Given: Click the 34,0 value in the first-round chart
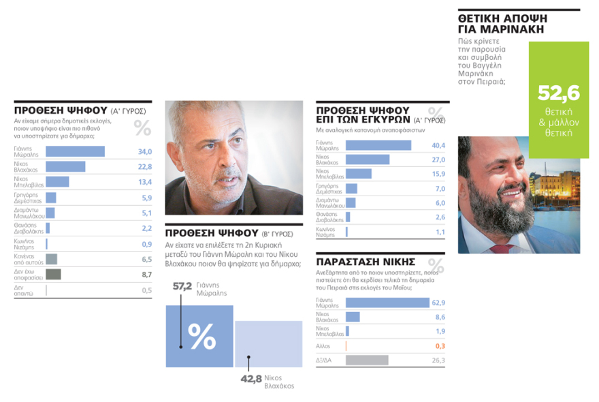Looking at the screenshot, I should pos(145,151).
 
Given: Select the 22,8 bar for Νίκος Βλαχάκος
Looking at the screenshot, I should pos(65,166).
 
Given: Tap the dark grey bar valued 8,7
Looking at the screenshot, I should pos(53,275).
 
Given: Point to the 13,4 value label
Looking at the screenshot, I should pos(145,182).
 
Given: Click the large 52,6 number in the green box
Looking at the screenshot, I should pos(557,93).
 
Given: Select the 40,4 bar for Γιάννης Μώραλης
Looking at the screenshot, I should pos(378,145).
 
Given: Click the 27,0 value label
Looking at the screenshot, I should pos(438,159).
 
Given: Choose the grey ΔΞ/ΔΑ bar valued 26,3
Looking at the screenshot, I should pos(367,360).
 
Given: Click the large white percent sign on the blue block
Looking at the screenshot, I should pos(201,336).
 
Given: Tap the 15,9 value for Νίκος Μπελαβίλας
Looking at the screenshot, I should pos(438,174).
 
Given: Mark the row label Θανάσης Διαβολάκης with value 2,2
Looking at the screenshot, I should pos(27,228).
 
